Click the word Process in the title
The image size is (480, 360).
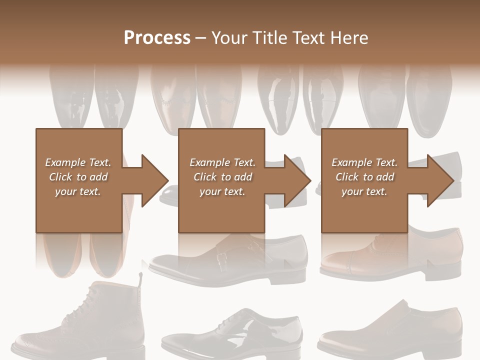pyautogui.click(x=157, y=38)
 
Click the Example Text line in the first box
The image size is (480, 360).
pyautogui.click(x=78, y=162)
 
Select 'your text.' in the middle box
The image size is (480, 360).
pyautogui.click(x=222, y=191)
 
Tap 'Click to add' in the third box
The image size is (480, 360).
pyautogui.click(x=364, y=177)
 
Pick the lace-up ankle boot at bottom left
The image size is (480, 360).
pyautogui.click(x=80, y=320)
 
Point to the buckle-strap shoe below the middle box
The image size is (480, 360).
pyautogui.click(x=230, y=260)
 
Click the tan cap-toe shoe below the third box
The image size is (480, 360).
pyautogui.click(x=390, y=255)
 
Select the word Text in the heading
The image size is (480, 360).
pyautogui.click(x=305, y=38)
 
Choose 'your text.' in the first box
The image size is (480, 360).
pyautogui.click(x=78, y=191)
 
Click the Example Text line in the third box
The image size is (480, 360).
pyautogui.click(x=364, y=162)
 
